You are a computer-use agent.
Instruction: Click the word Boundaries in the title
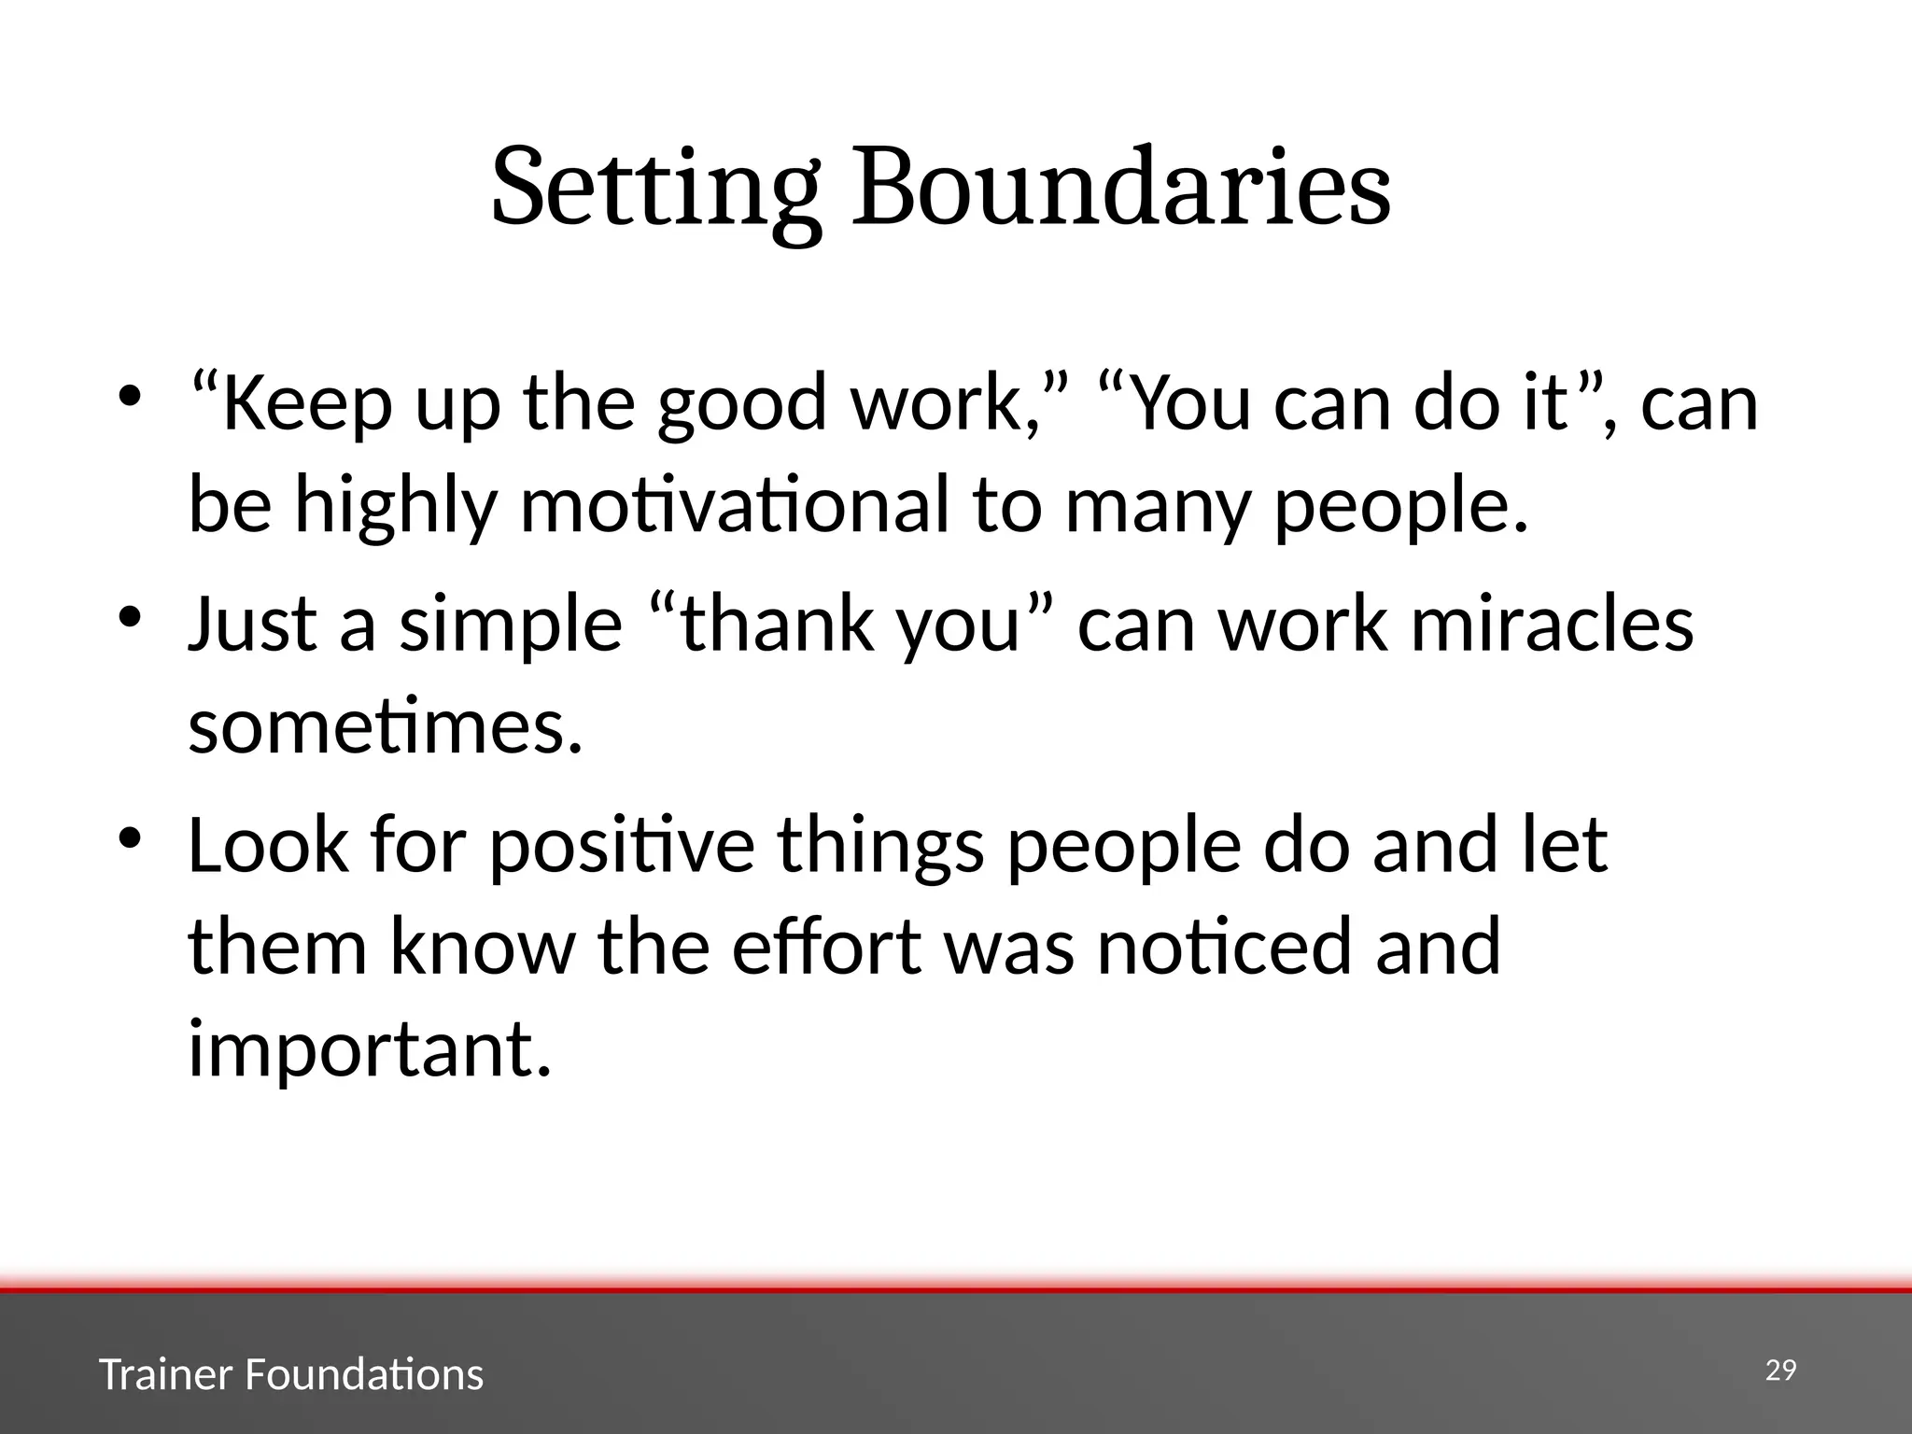pyautogui.click(x=1120, y=187)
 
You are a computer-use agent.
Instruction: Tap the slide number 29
pyautogui.click(x=1781, y=1370)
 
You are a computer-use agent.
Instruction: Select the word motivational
pyautogui.click(x=734, y=506)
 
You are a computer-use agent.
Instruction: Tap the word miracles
pyautogui.click(x=1551, y=625)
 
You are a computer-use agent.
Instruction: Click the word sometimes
pyautogui.click(x=385, y=727)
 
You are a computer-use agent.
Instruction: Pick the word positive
pyautogui.click(x=622, y=846)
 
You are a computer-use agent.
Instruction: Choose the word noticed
pyautogui.click(x=1223, y=947)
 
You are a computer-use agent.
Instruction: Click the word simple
pyautogui.click(x=511, y=626)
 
